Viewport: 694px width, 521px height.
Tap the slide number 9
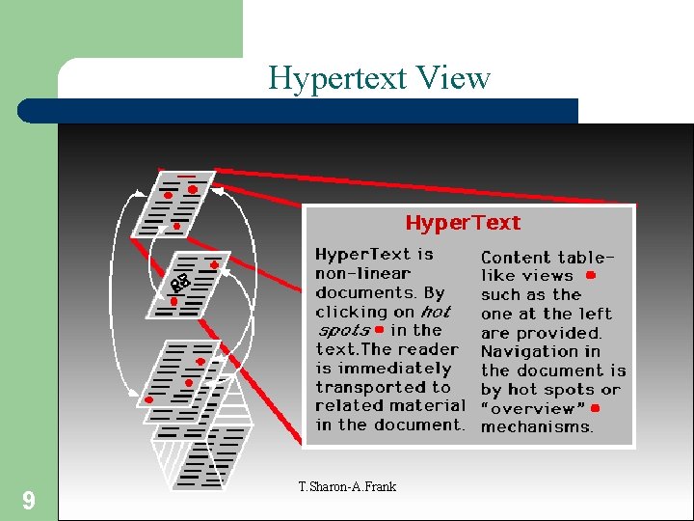[29, 500]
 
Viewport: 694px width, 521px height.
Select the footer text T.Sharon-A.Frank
[347, 486]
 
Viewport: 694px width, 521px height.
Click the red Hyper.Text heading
[463, 223]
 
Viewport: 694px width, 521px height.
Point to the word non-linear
[361, 273]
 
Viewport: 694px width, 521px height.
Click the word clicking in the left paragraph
[350, 312]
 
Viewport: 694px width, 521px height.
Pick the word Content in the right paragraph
[516, 258]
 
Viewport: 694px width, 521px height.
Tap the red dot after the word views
[590, 275]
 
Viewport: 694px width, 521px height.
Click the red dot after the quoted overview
[596, 408]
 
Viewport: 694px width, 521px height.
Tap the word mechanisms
[538, 426]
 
